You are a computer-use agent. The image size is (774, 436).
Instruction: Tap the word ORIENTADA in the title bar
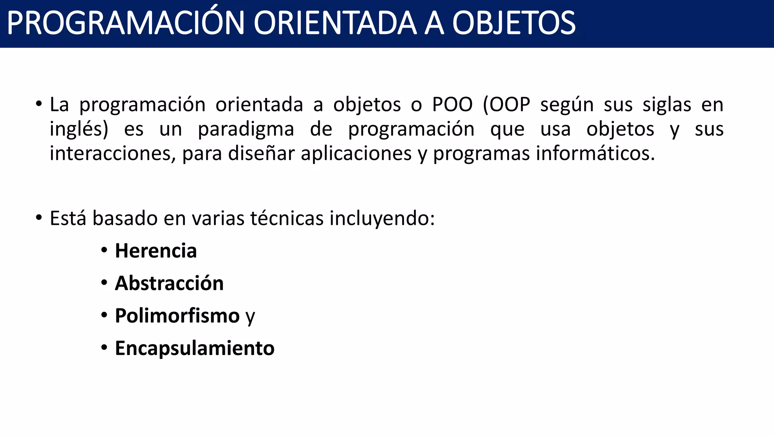coord(335,23)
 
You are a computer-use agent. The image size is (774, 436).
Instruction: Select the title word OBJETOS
coord(514,23)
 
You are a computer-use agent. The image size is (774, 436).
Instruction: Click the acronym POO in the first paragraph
coord(452,104)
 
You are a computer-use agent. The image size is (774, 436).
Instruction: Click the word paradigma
coord(246,129)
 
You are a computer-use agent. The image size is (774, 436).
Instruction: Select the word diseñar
coord(261,154)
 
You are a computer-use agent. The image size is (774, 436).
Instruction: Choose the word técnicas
coord(287,218)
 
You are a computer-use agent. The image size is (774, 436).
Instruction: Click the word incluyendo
coord(382,218)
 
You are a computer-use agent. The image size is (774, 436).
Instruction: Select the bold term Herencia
coord(156,251)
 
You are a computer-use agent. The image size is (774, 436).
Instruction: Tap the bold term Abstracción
coord(169,283)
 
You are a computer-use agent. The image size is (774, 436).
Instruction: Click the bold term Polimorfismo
coord(177,316)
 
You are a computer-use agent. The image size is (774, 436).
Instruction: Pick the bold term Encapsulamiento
coord(195,349)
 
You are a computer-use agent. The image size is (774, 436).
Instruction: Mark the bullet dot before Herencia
coord(104,250)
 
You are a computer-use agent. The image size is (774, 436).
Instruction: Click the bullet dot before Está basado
coord(39,218)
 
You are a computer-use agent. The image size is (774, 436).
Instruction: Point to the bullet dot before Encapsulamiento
coord(104,348)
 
